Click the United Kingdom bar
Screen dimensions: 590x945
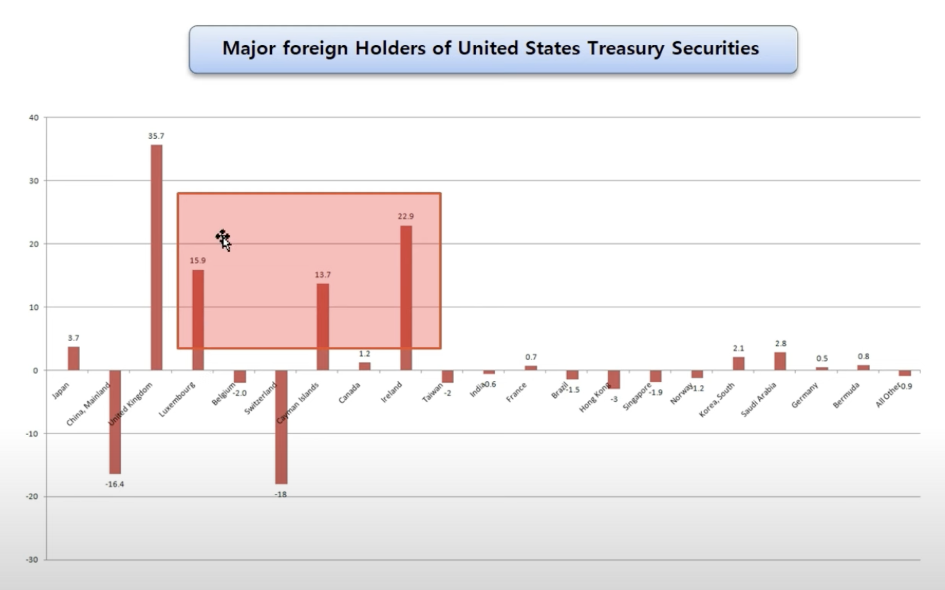[156, 257]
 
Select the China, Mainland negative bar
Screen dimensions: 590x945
[115, 421]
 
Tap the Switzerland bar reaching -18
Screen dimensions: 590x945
[281, 427]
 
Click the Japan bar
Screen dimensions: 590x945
[73, 358]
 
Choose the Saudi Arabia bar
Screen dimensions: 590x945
[780, 361]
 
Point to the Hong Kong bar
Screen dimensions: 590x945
[614, 379]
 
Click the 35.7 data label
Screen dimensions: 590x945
[156, 136]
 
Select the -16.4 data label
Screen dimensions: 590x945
[115, 484]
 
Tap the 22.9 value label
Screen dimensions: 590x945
[406, 216]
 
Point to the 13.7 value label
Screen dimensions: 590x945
[323, 275]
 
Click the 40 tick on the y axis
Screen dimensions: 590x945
[34, 118]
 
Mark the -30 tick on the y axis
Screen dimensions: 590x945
[32, 560]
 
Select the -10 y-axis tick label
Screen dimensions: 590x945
[32, 434]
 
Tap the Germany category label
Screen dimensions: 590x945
[805, 395]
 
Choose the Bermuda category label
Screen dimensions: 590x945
[846, 395]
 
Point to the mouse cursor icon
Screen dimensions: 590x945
[224, 240]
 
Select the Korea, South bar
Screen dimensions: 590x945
[739, 363]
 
